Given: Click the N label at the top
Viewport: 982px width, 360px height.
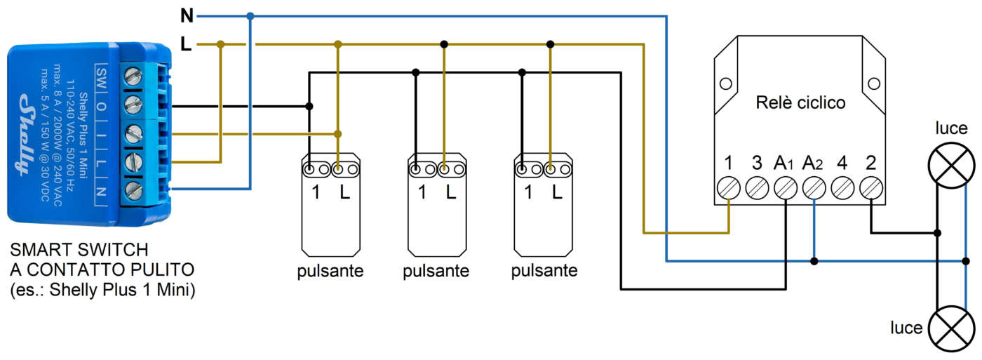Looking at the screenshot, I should pyautogui.click(x=187, y=15).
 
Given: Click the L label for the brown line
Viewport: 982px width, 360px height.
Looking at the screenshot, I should pyautogui.click(x=186, y=44).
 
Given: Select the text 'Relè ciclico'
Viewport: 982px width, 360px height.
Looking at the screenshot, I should pyautogui.click(x=800, y=102).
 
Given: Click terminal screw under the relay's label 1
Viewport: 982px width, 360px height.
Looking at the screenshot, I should pyautogui.click(x=729, y=188).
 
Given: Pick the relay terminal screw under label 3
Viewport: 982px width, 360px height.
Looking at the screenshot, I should pyautogui.click(x=757, y=188).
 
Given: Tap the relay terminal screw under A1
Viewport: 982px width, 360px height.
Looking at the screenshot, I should pyautogui.click(x=786, y=188).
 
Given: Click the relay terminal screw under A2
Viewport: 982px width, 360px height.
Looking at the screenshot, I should pyautogui.click(x=814, y=188).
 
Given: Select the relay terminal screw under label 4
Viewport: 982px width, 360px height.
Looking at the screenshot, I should pyautogui.click(x=842, y=188).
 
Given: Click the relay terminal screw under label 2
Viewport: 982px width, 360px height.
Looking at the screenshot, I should pyautogui.click(x=870, y=188).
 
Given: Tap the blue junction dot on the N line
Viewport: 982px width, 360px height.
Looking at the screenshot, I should pyautogui.click(x=250, y=15).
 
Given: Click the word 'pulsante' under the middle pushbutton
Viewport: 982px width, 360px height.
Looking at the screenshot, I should pyautogui.click(x=436, y=271).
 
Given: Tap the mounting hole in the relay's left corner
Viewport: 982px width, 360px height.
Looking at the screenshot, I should pyautogui.click(x=726, y=84).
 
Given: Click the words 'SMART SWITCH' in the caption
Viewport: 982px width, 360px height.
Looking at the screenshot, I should pyautogui.click(x=79, y=250).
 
